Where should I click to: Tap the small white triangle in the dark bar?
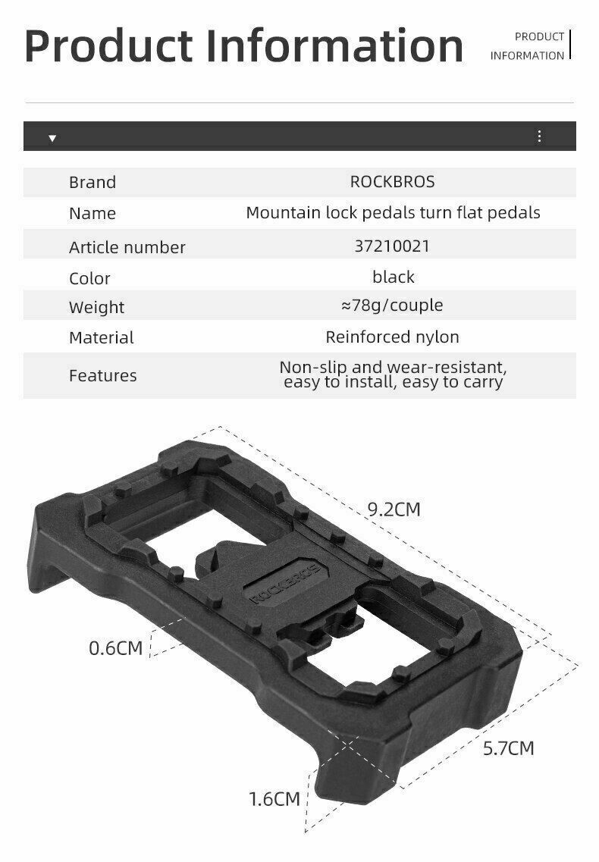[x=52, y=138]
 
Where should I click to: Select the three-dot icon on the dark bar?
[x=539, y=136]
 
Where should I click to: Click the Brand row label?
[x=93, y=183]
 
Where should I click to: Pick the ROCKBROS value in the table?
[x=392, y=182]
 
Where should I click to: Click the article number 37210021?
[x=392, y=246]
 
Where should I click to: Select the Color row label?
[x=89, y=278]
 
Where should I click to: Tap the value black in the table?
[x=393, y=277]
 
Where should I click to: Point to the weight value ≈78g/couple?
[x=392, y=306]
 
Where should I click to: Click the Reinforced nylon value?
[x=392, y=337]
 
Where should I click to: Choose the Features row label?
[x=102, y=375]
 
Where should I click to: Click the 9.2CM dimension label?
[x=394, y=509]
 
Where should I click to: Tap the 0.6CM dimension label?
[x=115, y=648]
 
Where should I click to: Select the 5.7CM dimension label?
[x=508, y=748]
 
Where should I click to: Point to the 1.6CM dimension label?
[x=274, y=798]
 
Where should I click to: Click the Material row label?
[x=101, y=338]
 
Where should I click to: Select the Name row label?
[x=93, y=214]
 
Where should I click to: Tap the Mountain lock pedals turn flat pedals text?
[x=393, y=212]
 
